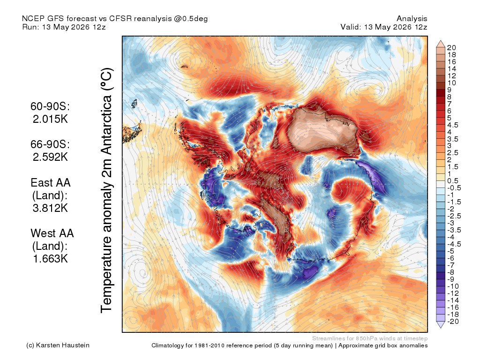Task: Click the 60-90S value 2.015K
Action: [50, 119]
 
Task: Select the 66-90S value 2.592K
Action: [50, 157]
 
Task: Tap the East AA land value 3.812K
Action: [50, 208]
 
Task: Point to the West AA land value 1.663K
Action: [50, 259]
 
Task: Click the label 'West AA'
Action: [52, 233]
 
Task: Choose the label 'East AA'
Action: [51, 183]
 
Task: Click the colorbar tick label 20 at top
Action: [451, 48]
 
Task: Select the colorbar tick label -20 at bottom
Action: [453, 322]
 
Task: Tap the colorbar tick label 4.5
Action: [453, 125]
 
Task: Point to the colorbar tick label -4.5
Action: [454, 244]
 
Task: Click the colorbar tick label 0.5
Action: [453, 181]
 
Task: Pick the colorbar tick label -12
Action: [453, 293]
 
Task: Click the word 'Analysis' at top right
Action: [412, 19]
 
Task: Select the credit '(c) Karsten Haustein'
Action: [58, 345]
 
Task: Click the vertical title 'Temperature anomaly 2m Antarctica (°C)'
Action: [107, 190]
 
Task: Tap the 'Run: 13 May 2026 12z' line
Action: [64, 27]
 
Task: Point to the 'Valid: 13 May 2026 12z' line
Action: [384, 27]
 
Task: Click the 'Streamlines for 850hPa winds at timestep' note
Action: [370, 338]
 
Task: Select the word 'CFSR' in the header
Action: [120, 19]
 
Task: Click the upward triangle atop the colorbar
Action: [441, 44]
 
